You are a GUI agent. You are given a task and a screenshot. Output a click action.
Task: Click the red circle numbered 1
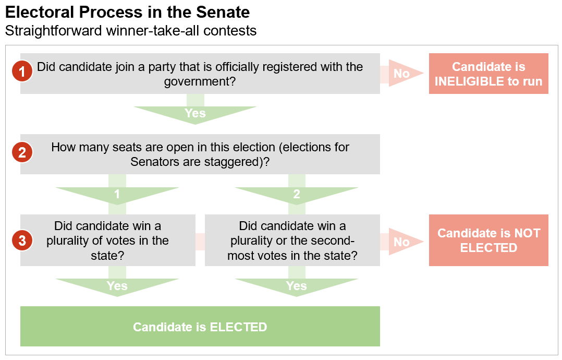tap(22, 71)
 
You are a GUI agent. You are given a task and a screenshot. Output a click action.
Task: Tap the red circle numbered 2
tap(22, 152)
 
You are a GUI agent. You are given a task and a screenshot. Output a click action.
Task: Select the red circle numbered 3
tap(22, 240)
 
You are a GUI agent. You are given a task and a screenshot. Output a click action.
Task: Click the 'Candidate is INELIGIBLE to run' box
tap(488, 74)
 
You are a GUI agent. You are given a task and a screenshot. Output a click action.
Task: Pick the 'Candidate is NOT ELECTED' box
tap(488, 240)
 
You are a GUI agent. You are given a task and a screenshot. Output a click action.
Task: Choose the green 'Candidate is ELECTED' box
tap(200, 326)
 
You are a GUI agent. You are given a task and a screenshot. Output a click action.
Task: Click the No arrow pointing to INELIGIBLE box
tap(402, 73)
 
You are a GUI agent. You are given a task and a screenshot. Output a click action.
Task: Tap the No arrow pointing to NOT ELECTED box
tap(402, 242)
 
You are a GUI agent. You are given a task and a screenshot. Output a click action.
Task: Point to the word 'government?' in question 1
tap(200, 82)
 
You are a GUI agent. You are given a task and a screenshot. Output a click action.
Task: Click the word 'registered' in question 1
tap(291, 67)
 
